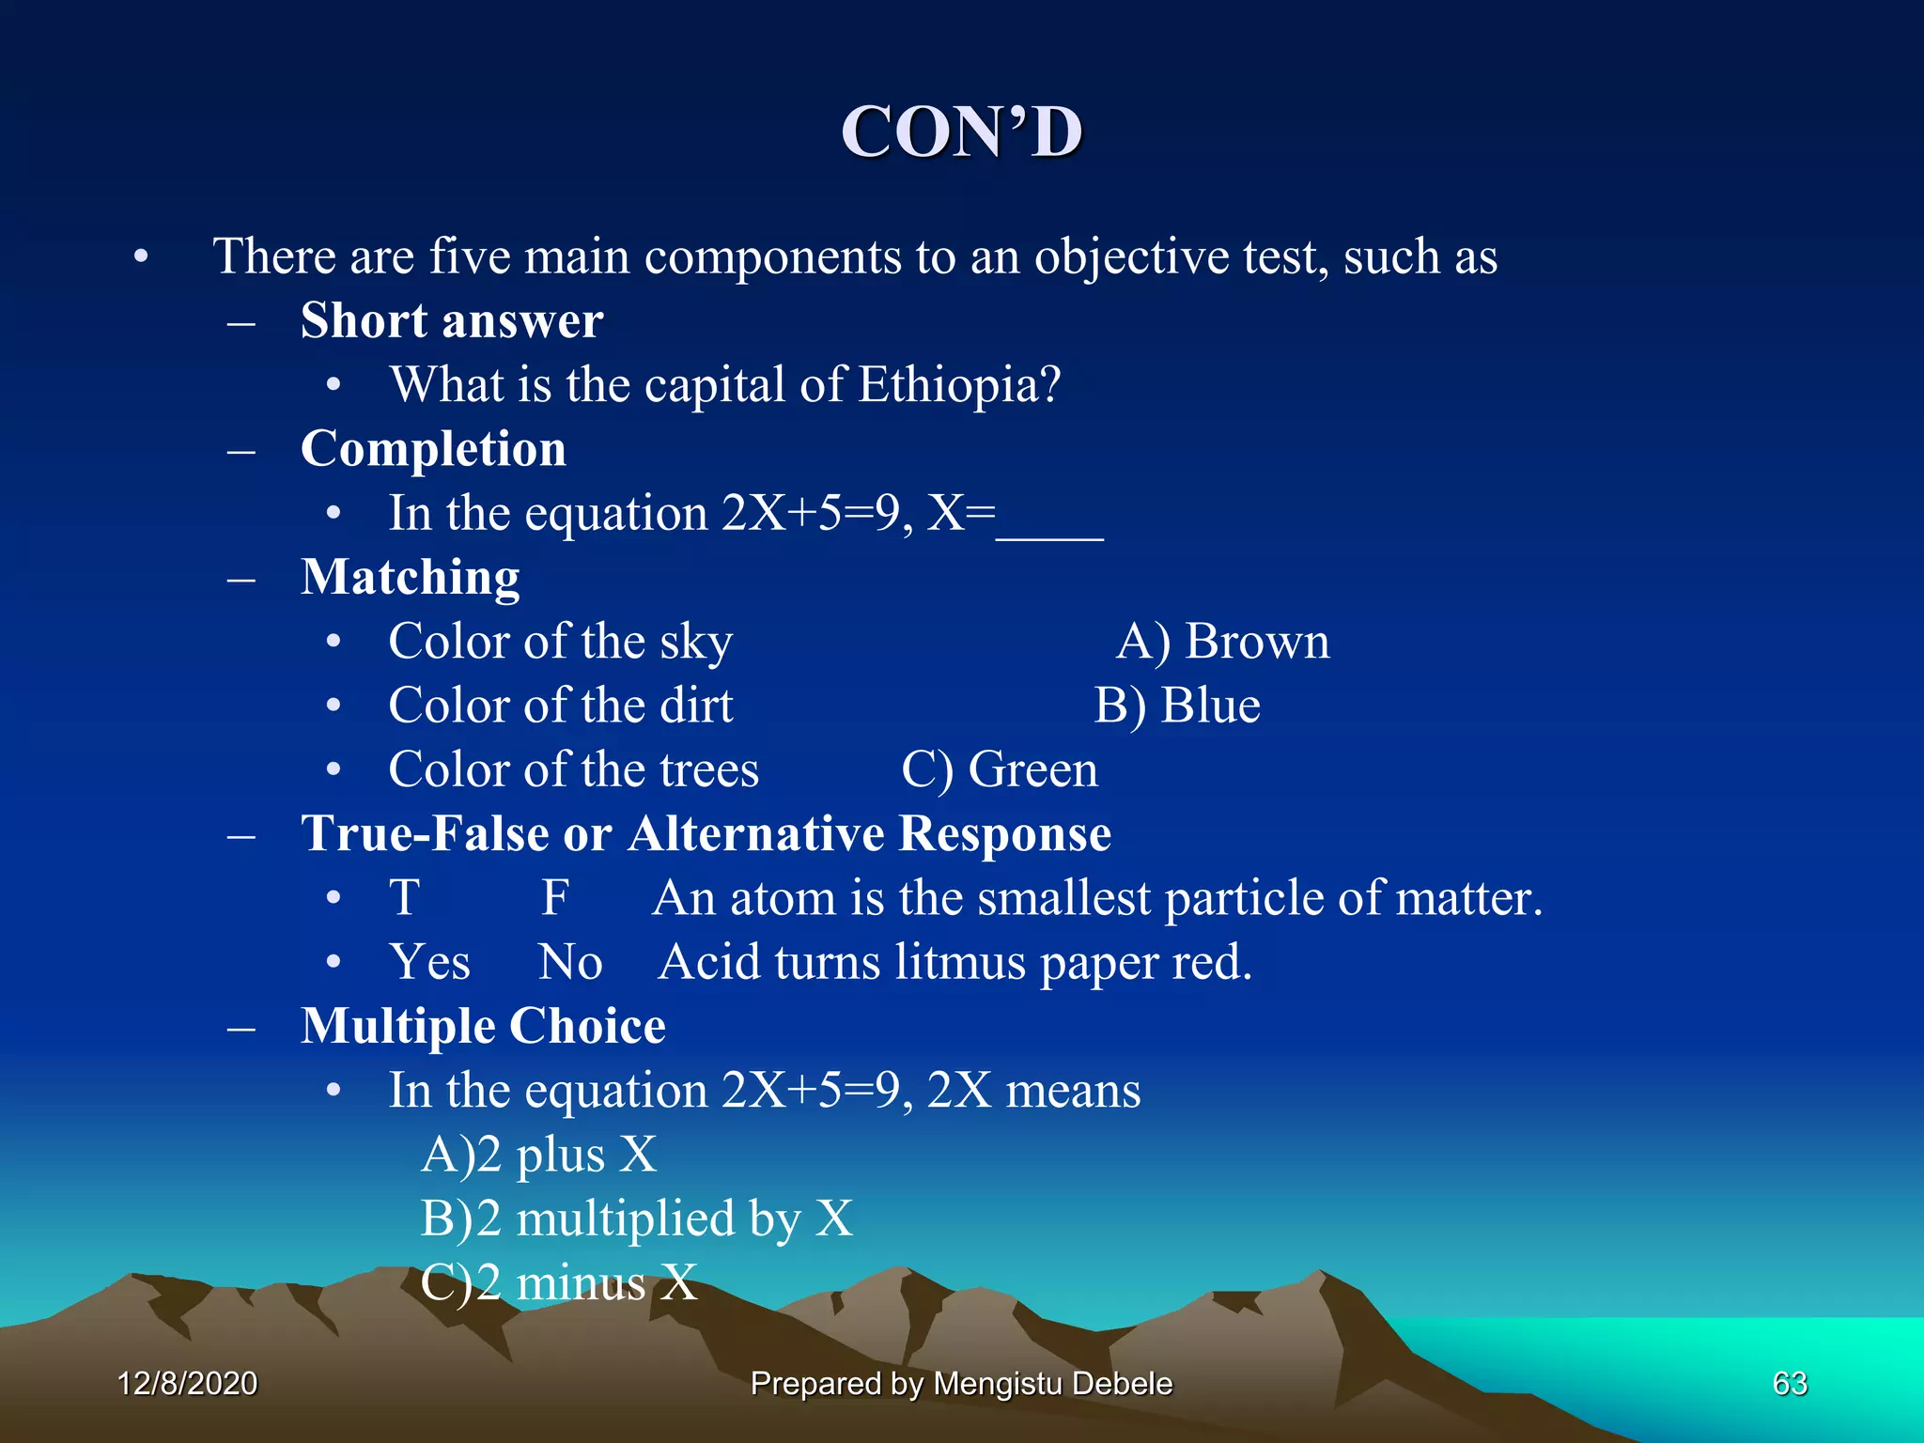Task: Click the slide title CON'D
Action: pyautogui.click(x=961, y=132)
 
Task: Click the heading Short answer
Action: pyautogui.click(x=452, y=321)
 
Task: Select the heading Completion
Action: pyautogui.click(x=433, y=449)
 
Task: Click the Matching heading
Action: pyautogui.click(x=410, y=577)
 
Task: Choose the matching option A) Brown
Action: pyautogui.click(x=1222, y=643)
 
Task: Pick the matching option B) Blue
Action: pyautogui.click(x=1177, y=706)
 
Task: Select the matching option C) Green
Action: pyautogui.click(x=1000, y=770)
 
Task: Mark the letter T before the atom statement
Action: pyautogui.click(x=405, y=898)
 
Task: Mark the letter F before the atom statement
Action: pyautogui.click(x=555, y=898)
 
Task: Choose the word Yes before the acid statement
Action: pyautogui.click(x=429, y=962)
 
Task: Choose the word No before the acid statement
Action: pyautogui.click(x=570, y=962)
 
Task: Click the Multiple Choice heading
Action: pyautogui.click(x=483, y=1026)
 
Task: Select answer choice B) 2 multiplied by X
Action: pyautogui.click(x=637, y=1218)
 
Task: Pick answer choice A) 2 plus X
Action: pyautogui.click(x=538, y=1155)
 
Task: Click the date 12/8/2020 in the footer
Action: pyautogui.click(x=187, y=1384)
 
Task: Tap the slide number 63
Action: pyautogui.click(x=1790, y=1384)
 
